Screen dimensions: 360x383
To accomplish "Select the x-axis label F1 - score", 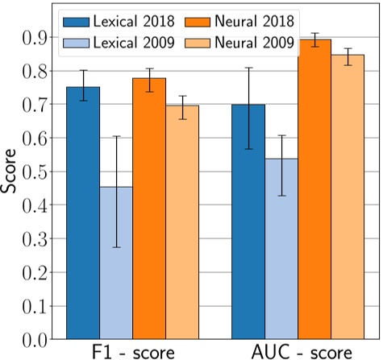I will pyautogui.click(x=132, y=352).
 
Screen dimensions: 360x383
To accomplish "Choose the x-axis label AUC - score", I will pyautogui.click(x=298, y=352).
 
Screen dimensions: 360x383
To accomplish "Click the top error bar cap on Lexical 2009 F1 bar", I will pyautogui.click(x=116, y=136).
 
